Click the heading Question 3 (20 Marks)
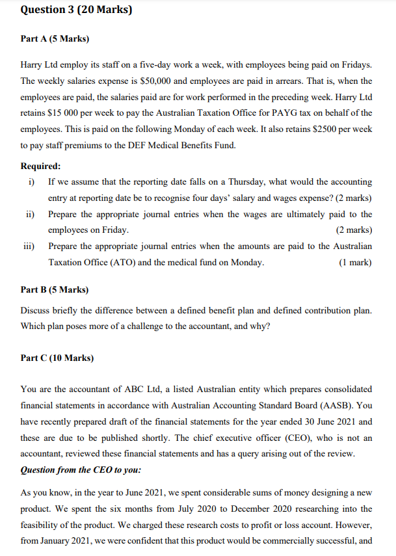click(x=72, y=10)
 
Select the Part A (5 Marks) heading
click(x=55, y=39)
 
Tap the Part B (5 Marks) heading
click(x=55, y=289)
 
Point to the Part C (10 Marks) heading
click(x=57, y=358)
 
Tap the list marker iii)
click(x=29, y=246)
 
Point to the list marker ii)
click(x=30, y=214)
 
